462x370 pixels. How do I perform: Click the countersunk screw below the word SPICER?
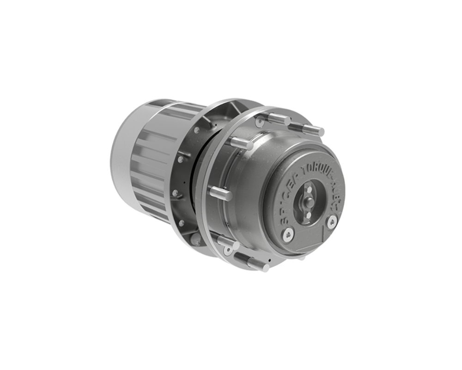coord(288,234)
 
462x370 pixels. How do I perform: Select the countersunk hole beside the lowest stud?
coord(228,250)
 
